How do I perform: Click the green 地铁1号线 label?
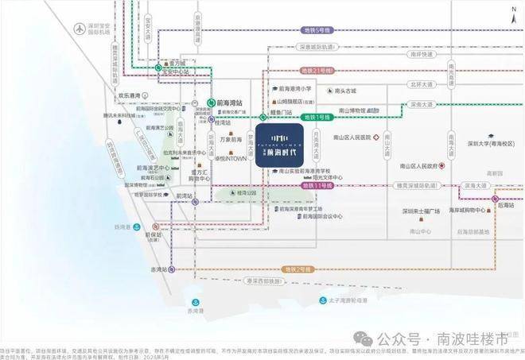point(321,117)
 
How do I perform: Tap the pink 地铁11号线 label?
point(312,184)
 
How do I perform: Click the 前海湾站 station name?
point(228,101)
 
